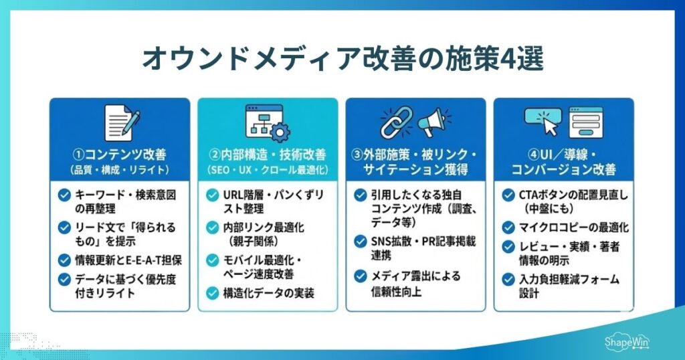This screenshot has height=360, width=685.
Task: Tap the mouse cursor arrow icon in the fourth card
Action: click(x=548, y=125)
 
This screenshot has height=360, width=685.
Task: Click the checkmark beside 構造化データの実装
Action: click(x=212, y=292)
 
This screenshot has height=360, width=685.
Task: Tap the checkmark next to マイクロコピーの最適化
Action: click(x=509, y=228)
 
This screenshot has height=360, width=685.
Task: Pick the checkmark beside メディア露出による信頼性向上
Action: click(x=361, y=276)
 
